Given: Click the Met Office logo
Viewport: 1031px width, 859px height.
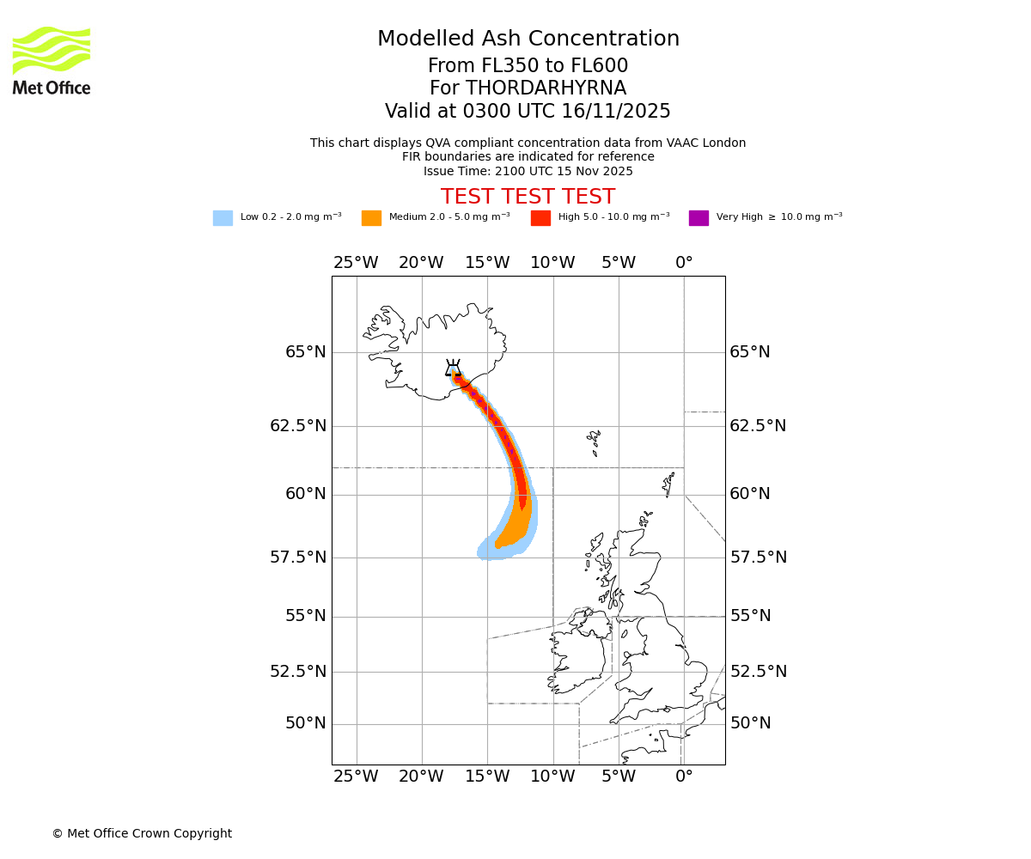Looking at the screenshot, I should pos(52,60).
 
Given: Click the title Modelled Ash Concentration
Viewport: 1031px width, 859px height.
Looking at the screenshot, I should pos(528,40).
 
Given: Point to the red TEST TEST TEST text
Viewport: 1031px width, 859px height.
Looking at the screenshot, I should pos(528,197).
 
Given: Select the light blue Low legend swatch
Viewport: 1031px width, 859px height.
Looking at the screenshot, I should pos(223,218).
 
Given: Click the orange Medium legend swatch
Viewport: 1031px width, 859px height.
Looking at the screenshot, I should pos(371,218).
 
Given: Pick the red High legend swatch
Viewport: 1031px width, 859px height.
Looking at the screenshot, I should pos(540,218).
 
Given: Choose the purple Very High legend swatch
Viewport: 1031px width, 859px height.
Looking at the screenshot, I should pos(699,218).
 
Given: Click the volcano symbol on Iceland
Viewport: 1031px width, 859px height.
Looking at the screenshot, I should pos(453,369).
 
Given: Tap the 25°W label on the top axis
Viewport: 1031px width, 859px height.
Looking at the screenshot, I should pos(356,263).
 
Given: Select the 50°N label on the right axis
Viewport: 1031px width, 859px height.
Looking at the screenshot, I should pos(750,723).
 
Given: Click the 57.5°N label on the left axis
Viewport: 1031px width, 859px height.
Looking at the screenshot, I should pos(298,557).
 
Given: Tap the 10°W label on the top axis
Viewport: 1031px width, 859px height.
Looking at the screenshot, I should pos(552,263).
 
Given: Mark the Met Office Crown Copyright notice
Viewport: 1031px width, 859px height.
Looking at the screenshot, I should pos(142,833).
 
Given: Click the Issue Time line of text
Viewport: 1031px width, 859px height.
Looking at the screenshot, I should pos(528,171).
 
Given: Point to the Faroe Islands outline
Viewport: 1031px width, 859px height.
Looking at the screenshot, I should pos(594,442).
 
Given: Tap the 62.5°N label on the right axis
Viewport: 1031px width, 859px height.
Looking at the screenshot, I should pos(758,426).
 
